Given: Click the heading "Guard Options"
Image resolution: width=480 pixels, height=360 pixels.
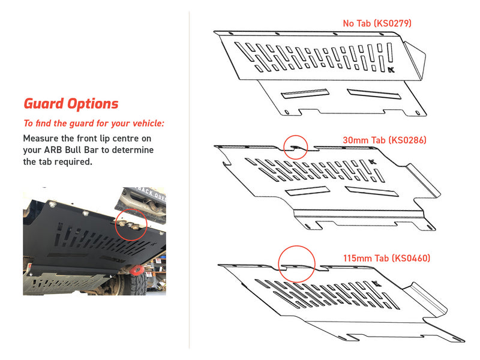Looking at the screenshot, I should (x=71, y=104).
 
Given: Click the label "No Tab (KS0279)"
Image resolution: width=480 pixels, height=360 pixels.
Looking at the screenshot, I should (x=377, y=24).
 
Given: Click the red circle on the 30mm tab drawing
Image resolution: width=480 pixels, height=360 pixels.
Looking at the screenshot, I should (x=295, y=146).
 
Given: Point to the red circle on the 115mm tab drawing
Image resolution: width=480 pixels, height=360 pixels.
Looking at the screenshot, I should (x=296, y=265).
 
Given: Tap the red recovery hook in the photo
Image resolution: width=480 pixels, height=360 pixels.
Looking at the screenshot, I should (x=137, y=268).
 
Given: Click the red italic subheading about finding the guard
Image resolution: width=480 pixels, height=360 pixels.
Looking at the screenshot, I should (x=94, y=124).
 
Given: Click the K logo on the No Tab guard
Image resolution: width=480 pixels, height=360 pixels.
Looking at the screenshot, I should (x=392, y=70).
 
